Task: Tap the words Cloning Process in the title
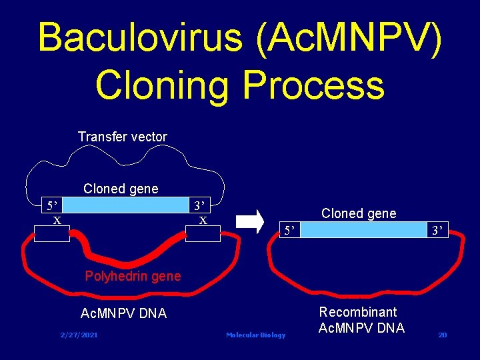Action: click(240, 85)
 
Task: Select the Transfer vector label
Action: click(123, 137)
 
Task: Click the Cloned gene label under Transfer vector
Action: click(121, 189)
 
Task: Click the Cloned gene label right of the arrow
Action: click(359, 213)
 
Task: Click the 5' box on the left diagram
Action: click(51, 203)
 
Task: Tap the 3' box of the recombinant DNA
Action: click(437, 231)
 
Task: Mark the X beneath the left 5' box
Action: click(57, 220)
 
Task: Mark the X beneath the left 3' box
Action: click(203, 220)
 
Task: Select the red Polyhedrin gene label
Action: click(133, 276)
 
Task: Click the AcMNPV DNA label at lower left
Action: click(123, 313)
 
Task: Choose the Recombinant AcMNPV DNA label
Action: click(361, 320)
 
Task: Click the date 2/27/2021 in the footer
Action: click(79, 335)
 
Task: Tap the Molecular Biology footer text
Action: click(255, 335)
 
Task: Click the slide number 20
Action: click(442, 335)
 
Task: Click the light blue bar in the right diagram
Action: click(363, 231)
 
